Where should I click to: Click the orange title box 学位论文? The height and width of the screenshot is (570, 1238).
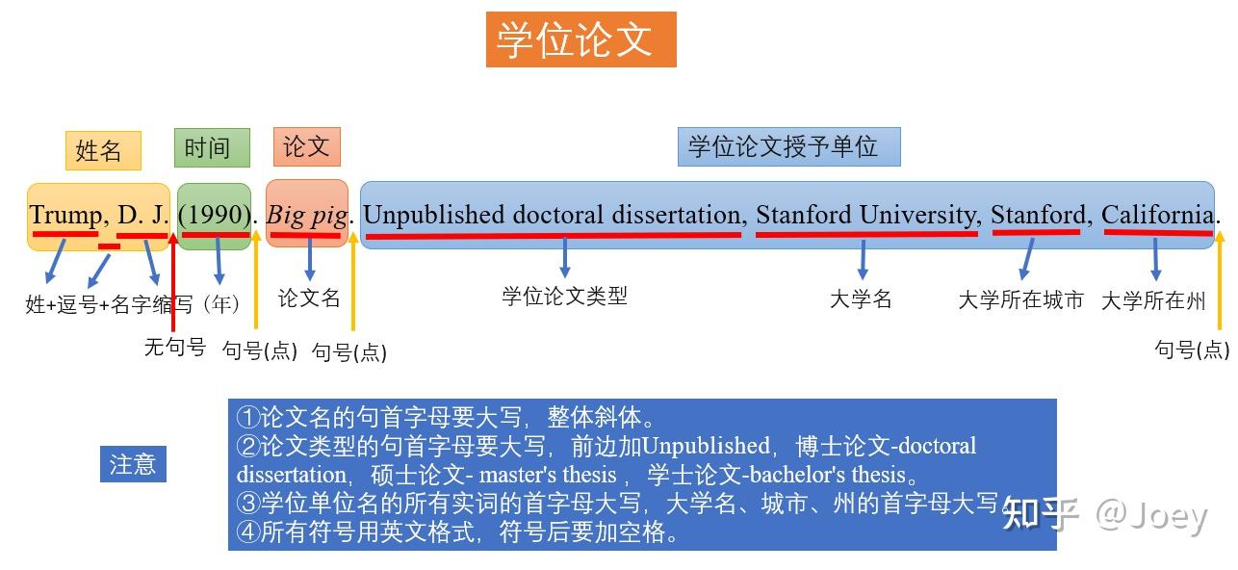pyautogui.click(x=580, y=39)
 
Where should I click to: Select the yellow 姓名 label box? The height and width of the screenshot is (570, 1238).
pyautogui.click(x=103, y=150)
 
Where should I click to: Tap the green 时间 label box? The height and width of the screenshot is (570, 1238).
pyautogui.click(x=212, y=147)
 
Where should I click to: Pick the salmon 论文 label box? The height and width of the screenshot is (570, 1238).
pyautogui.click(x=307, y=146)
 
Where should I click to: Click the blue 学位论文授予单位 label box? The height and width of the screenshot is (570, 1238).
pyautogui.click(x=788, y=146)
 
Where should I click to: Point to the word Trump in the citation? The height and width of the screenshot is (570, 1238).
pyautogui.click(x=64, y=216)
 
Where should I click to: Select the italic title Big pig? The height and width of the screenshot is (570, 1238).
pyautogui.click(x=306, y=216)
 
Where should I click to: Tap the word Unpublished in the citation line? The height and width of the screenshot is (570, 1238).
pyautogui.click(x=433, y=216)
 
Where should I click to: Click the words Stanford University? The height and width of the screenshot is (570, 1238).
pyautogui.click(x=865, y=216)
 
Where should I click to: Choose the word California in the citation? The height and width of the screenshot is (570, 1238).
pyautogui.click(x=1157, y=216)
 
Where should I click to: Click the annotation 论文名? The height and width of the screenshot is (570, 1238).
pyautogui.click(x=309, y=298)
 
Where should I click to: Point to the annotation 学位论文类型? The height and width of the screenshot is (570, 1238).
pyautogui.click(x=564, y=296)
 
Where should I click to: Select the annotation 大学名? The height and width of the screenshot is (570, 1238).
pyautogui.click(x=861, y=298)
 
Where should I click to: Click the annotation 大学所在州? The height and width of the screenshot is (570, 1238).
pyautogui.click(x=1152, y=300)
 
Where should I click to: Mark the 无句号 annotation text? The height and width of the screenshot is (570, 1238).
pyautogui.click(x=174, y=347)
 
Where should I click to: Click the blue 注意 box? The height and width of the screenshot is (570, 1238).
pyautogui.click(x=133, y=464)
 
